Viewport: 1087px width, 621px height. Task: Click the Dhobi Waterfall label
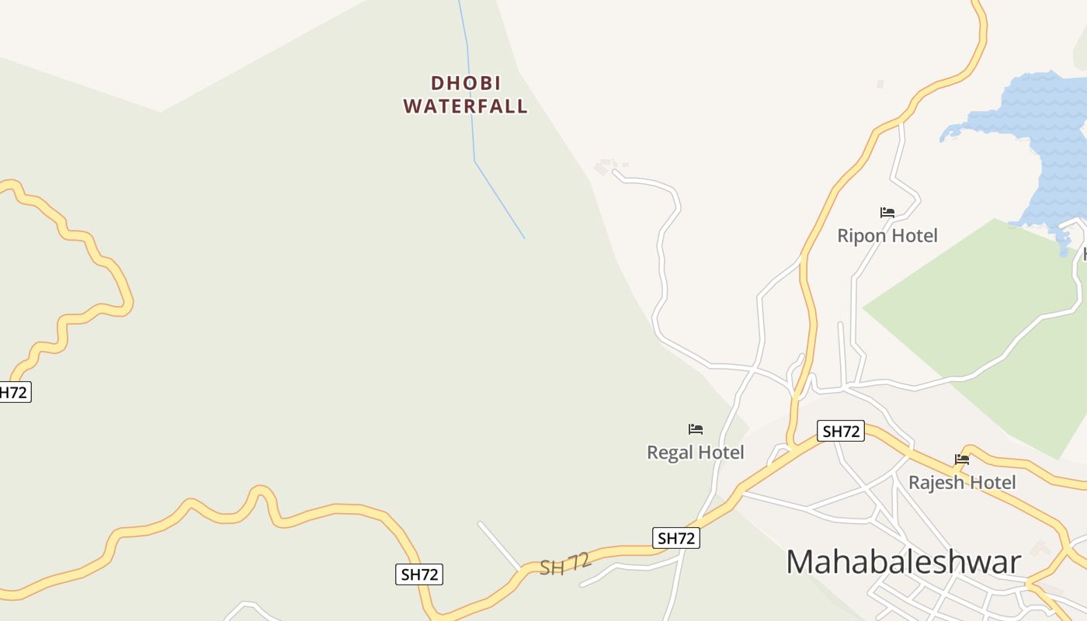coord(465,95)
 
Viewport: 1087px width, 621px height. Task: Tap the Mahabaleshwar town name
coord(903,561)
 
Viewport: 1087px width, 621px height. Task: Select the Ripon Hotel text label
coord(887,235)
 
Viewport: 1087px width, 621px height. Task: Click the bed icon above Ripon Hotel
coord(887,212)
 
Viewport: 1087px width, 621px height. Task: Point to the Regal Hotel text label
coord(696,452)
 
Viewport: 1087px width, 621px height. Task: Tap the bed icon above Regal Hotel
coord(696,428)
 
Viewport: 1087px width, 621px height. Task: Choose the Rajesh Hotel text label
coord(962,482)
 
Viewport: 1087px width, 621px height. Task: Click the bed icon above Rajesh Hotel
coord(962,459)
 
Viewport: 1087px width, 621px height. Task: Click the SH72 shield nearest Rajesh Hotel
coord(841,431)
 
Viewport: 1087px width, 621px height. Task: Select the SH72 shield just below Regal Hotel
coord(676,538)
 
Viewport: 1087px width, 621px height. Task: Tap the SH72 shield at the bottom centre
coord(419,574)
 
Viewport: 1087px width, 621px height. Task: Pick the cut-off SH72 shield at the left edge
coord(13,392)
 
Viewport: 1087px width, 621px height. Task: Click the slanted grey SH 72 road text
coord(565,564)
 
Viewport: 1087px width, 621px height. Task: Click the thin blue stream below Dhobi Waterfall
coord(498,198)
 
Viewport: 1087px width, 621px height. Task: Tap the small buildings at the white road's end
coord(605,166)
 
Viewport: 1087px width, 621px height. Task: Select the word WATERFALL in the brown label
coord(465,106)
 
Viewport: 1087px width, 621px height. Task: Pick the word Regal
coord(670,452)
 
